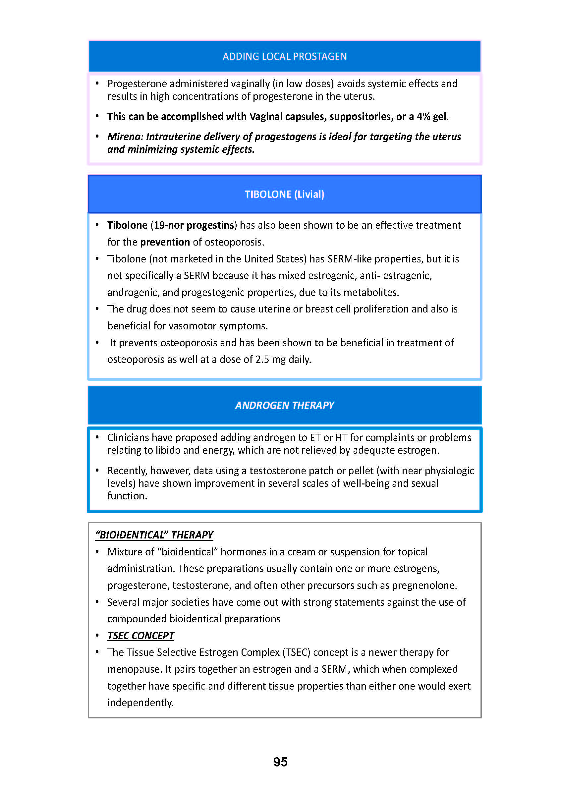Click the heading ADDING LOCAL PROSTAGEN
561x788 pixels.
pos(284,56)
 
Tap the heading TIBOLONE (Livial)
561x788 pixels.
pos(284,194)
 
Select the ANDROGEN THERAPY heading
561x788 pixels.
pos(284,405)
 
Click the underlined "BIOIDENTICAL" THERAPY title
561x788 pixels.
pos(154,535)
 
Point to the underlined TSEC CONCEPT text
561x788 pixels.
pos(140,636)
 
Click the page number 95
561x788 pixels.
pos(280,762)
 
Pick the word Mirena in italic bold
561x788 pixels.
pos(125,137)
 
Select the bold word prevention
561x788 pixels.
pos(165,242)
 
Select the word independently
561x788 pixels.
pos(140,703)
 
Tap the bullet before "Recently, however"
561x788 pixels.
pos(97,470)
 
